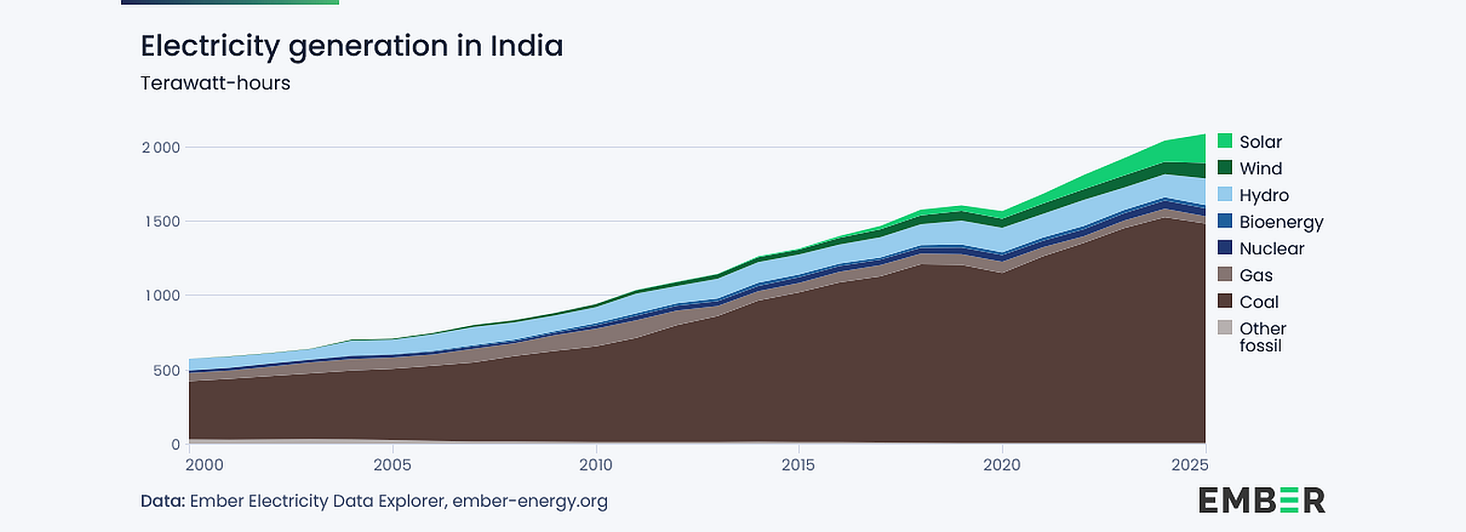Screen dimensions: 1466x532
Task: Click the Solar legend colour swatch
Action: [1225, 141]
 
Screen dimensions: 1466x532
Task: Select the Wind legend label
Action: [1260, 169]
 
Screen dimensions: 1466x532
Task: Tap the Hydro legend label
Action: [1264, 195]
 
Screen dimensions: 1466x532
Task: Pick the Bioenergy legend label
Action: [1281, 222]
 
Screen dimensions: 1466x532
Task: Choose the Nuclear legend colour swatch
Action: [1225, 247]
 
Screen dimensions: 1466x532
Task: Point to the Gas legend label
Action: [1256, 275]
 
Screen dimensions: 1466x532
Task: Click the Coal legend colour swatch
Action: [1225, 301]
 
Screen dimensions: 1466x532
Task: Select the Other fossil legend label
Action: [1263, 337]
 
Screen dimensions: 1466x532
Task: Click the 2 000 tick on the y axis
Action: [161, 147]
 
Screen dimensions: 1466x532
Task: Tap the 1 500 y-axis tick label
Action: [162, 221]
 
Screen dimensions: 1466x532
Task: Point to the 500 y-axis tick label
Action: [167, 371]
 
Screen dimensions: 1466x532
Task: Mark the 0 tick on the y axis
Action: [175, 444]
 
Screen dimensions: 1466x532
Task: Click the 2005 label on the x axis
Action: [392, 465]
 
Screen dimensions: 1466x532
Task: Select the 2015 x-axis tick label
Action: [798, 465]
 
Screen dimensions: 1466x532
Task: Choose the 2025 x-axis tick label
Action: [1190, 465]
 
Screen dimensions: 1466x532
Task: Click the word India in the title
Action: [527, 46]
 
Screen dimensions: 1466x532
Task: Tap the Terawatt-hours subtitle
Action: [215, 83]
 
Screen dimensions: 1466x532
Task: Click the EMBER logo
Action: [1262, 500]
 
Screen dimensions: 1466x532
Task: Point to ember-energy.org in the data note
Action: [530, 501]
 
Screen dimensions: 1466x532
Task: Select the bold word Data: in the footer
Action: [163, 501]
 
